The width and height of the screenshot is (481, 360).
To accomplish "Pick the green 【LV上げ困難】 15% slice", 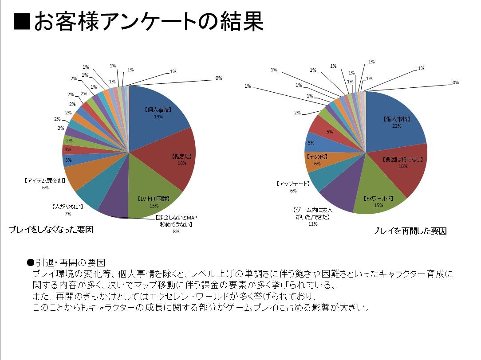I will point(153,195).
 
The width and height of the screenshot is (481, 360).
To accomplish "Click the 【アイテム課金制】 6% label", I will point(45,184).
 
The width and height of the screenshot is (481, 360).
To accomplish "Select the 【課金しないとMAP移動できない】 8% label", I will point(176,224).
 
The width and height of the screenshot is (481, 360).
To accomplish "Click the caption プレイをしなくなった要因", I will point(51,230).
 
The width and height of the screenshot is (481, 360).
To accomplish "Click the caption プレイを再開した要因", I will point(409,231).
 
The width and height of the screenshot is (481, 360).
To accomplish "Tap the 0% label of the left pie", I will point(219,78).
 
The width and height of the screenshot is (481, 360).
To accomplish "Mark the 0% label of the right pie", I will point(455,82).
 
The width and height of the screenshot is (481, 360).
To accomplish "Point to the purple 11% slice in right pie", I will point(339,195).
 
